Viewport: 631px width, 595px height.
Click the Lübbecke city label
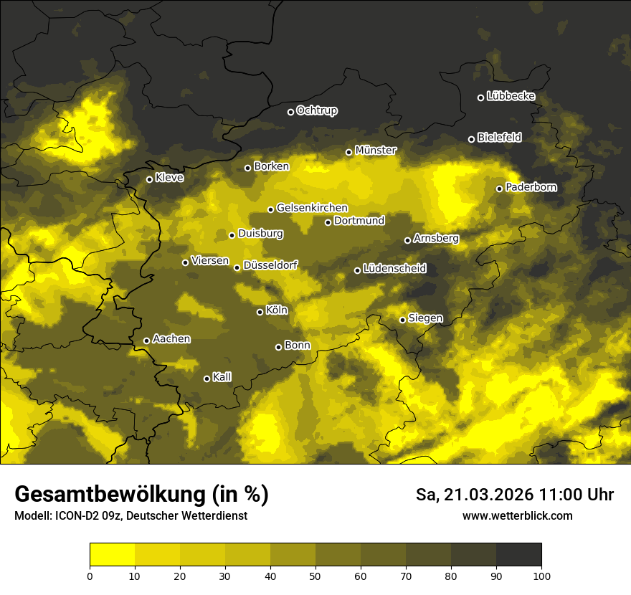pos(511,97)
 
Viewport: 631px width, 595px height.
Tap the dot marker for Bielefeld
pos(472,139)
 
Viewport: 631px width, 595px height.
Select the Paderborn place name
pos(531,188)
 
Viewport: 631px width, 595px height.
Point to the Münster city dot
pos(349,152)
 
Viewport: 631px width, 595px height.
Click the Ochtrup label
pos(316,111)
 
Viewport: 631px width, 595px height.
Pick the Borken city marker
pos(248,168)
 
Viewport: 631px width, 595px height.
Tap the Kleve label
pos(169,178)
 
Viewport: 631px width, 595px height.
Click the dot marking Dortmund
pos(328,222)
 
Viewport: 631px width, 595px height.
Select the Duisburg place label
pos(260,234)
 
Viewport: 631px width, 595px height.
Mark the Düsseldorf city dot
pos(237,267)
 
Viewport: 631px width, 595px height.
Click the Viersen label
pos(209,261)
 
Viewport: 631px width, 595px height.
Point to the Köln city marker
pos(260,312)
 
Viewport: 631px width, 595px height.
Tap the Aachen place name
pos(171,339)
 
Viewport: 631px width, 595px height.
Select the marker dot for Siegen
pos(403,320)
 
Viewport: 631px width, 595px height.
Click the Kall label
pos(222,377)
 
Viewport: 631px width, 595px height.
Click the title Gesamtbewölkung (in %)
pos(141,495)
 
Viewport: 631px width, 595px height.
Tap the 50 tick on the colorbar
pos(315,575)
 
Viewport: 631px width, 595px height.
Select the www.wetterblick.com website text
pos(517,515)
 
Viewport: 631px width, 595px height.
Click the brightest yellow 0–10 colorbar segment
pos(113,555)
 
